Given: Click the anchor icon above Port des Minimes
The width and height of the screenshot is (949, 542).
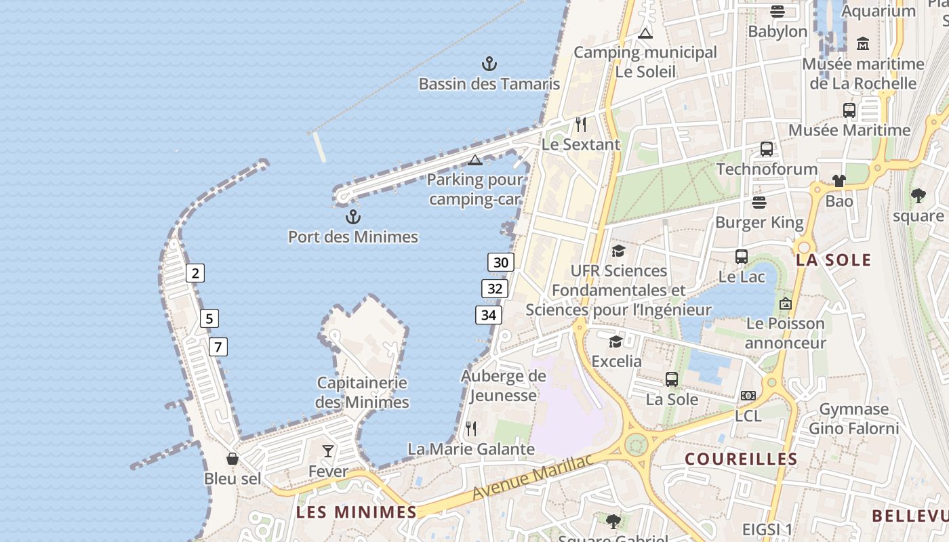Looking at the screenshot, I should click(x=352, y=217).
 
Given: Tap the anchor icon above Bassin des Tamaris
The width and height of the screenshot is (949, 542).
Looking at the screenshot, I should click(x=489, y=64).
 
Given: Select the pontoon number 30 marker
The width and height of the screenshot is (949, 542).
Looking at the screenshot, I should click(x=501, y=262).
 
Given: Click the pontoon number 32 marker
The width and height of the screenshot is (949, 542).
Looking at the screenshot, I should click(x=495, y=289).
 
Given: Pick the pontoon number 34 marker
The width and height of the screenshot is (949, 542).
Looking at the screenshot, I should click(x=488, y=314).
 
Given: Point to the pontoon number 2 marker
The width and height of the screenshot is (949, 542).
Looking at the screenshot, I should click(x=195, y=273).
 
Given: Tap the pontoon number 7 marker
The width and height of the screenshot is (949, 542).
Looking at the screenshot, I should click(x=218, y=347).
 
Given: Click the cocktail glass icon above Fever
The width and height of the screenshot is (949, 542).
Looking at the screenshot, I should click(x=328, y=451).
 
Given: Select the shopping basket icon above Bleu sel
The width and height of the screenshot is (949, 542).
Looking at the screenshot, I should click(x=233, y=459).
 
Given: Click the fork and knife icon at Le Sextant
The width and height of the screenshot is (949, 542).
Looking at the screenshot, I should click(x=580, y=125).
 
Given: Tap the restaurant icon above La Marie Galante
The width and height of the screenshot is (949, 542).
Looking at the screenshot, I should click(x=471, y=428).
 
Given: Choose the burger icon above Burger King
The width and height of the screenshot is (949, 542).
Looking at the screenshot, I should click(x=759, y=203).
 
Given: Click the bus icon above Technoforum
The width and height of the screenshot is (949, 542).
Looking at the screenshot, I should click(x=767, y=149).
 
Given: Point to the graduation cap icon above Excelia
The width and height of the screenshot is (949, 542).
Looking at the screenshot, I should click(x=615, y=341).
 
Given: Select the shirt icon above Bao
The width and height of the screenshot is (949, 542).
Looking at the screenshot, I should click(x=839, y=181).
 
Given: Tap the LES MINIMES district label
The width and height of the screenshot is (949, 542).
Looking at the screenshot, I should click(x=356, y=512).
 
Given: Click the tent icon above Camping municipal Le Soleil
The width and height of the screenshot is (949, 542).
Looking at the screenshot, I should click(x=645, y=33).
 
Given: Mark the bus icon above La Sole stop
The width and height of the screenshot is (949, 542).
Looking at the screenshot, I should click(x=672, y=379).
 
